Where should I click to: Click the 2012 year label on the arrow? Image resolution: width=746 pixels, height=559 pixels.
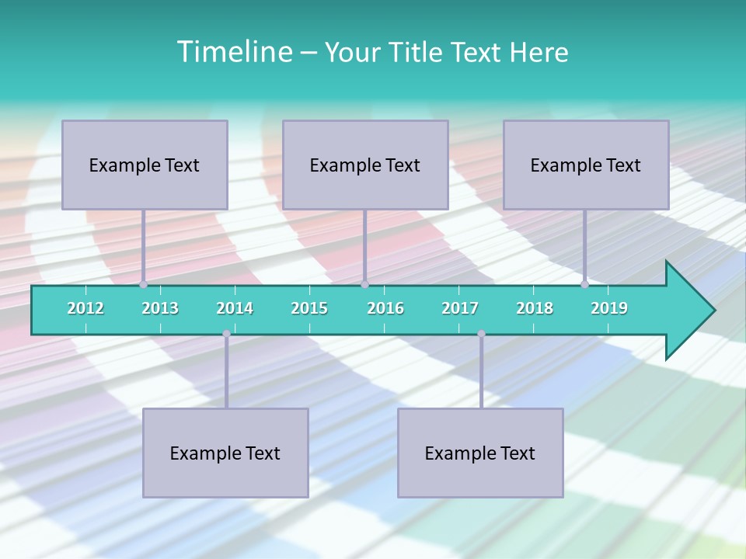click(85, 308)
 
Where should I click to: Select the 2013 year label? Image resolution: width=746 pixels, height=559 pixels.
click(160, 308)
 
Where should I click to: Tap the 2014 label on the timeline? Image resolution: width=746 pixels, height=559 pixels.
click(235, 308)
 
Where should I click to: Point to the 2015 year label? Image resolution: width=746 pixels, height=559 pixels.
click(309, 308)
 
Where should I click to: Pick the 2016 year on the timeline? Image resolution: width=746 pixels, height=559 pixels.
click(385, 308)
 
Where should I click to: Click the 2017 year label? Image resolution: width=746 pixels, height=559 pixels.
click(460, 308)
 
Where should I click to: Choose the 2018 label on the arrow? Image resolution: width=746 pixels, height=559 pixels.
click(535, 308)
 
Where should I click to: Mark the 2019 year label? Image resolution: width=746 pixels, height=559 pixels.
click(609, 308)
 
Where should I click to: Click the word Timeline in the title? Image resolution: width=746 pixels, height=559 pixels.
click(232, 52)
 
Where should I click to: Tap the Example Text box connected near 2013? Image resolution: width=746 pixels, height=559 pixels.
click(145, 165)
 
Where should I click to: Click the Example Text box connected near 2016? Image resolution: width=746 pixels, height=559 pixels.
click(365, 165)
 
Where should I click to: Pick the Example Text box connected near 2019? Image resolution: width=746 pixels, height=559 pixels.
click(586, 165)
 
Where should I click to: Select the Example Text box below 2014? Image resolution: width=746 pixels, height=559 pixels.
click(225, 453)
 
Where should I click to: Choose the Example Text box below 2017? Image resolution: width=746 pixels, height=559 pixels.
click(480, 453)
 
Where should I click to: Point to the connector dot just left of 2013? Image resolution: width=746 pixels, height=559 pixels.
click(144, 284)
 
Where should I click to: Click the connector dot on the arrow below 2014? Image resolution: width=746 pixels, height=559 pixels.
click(226, 334)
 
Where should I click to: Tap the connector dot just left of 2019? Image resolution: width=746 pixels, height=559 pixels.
click(585, 284)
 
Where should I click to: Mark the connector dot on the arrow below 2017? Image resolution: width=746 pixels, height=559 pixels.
click(481, 334)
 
